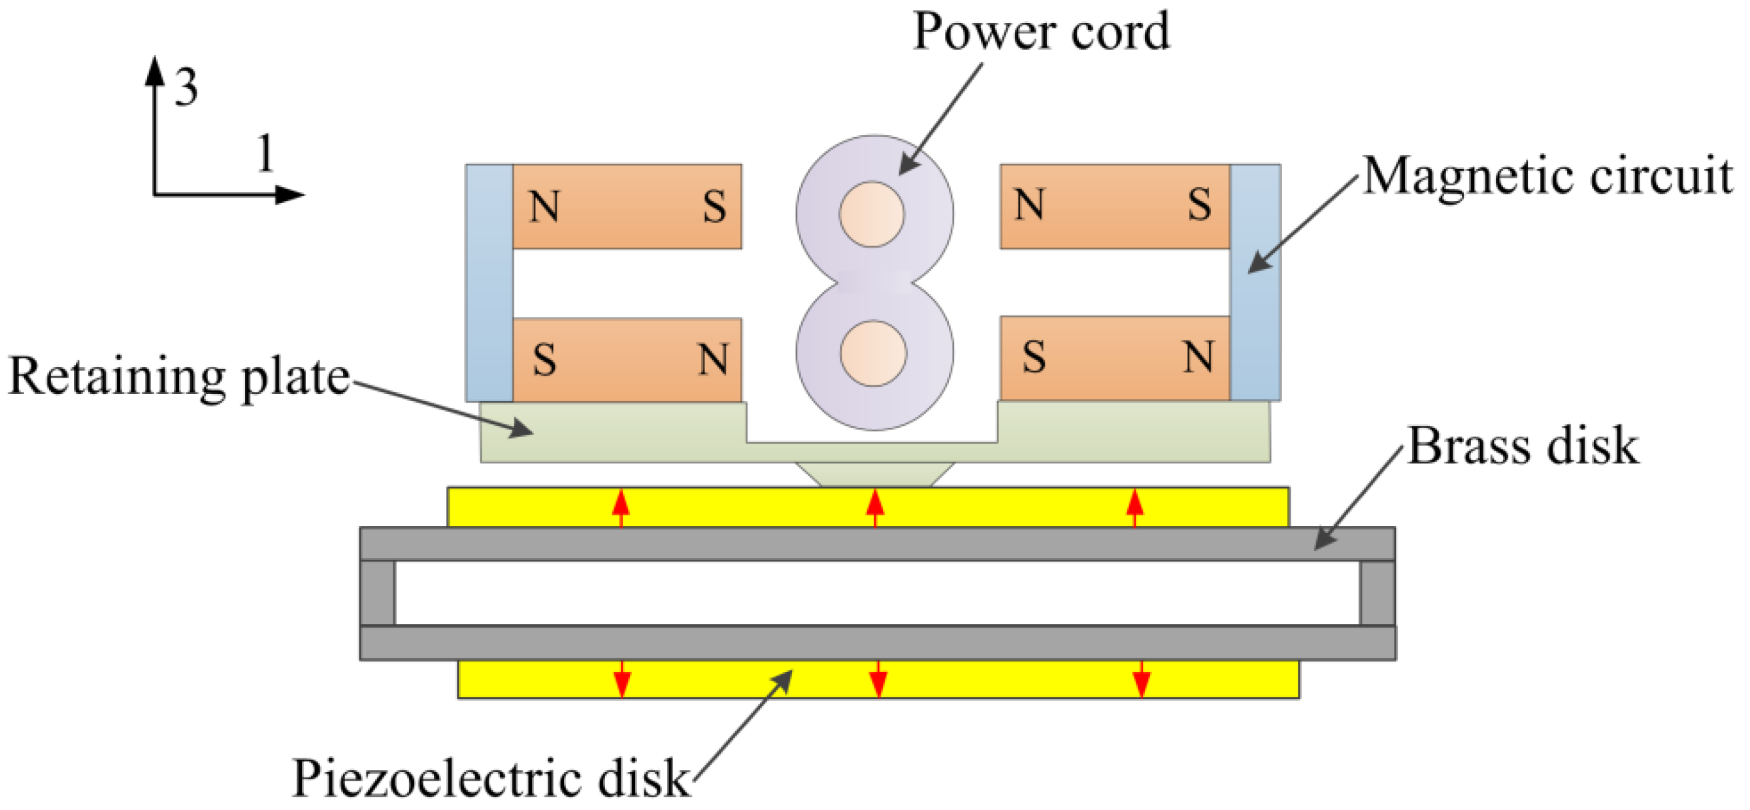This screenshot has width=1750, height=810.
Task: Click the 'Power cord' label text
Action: (x=1041, y=31)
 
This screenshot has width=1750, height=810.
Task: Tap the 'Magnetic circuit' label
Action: (x=1547, y=176)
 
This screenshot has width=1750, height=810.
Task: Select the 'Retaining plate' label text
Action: (x=178, y=376)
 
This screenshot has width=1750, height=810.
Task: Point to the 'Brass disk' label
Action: (x=1523, y=445)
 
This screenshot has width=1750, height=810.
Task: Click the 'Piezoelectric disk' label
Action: (x=491, y=777)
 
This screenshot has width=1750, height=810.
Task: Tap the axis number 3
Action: (x=186, y=88)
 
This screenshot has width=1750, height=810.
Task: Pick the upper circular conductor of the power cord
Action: (x=872, y=214)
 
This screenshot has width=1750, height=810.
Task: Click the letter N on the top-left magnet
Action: (x=544, y=206)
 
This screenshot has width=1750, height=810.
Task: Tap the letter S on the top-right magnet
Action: (x=1199, y=204)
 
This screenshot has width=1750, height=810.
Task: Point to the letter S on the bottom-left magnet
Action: (x=544, y=359)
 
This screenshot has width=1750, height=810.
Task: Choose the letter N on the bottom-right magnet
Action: (x=1198, y=357)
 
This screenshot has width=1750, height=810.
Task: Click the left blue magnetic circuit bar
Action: (x=489, y=282)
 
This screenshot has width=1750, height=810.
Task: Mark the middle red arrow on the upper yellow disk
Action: (x=875, y=507)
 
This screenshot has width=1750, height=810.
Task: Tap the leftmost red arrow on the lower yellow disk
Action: (x=622, y=679)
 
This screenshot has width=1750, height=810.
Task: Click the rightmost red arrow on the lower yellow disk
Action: (x=1142, y=679)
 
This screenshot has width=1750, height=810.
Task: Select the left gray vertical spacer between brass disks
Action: (x=377, y=592)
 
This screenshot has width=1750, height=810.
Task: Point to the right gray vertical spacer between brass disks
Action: (x=1378, y=592)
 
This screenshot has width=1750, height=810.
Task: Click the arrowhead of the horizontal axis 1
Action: (x=291, y=195)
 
